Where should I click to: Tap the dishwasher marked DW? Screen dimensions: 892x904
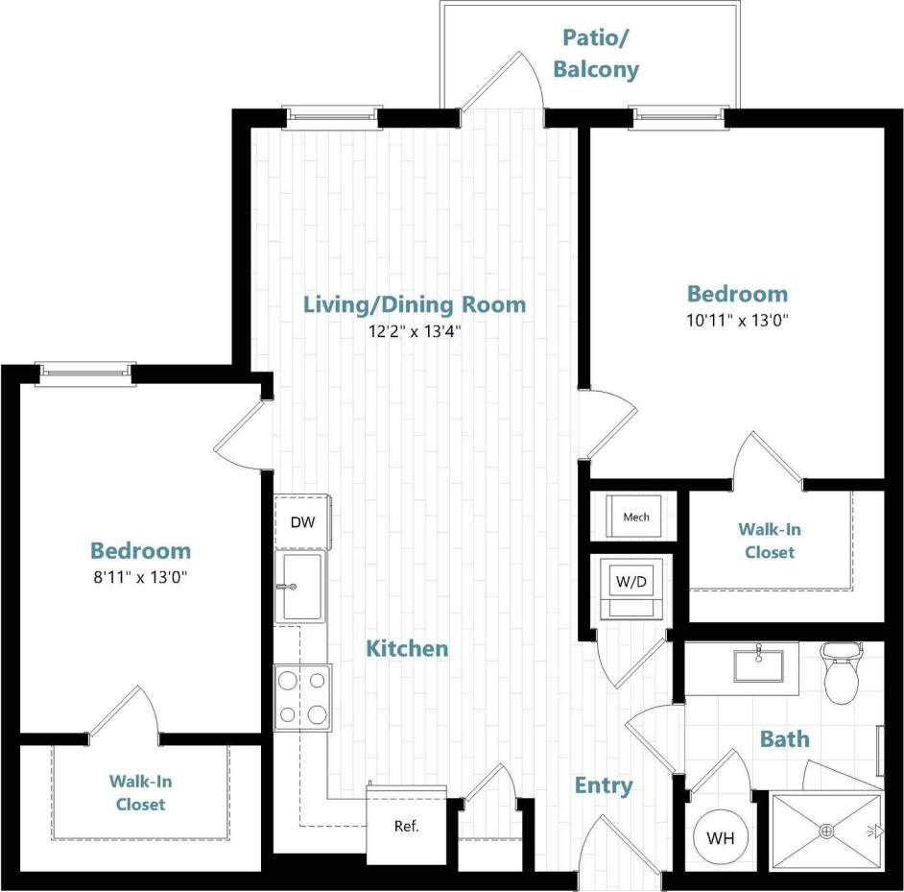click(301, 522)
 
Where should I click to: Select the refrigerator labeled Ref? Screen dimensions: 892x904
click(406, 825)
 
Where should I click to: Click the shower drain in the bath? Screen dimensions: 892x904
click(824, 832)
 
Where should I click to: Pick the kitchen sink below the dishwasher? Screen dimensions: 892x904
click(300, 587)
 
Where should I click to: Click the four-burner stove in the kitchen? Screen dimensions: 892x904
click(301, 697)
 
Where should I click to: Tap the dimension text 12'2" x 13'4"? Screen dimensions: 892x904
click(415, 331)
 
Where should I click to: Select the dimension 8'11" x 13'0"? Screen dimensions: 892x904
click(140, 578)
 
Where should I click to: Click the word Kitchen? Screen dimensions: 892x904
click(407, 649)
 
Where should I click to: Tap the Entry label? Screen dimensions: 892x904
click(603, 785)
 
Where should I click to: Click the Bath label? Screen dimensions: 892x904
click(784, 739)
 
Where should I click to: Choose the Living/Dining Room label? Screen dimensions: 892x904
click(415, 304)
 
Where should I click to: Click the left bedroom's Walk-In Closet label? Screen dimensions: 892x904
click(140, 793)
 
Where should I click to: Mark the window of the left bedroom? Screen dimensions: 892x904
click(82, 374)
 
